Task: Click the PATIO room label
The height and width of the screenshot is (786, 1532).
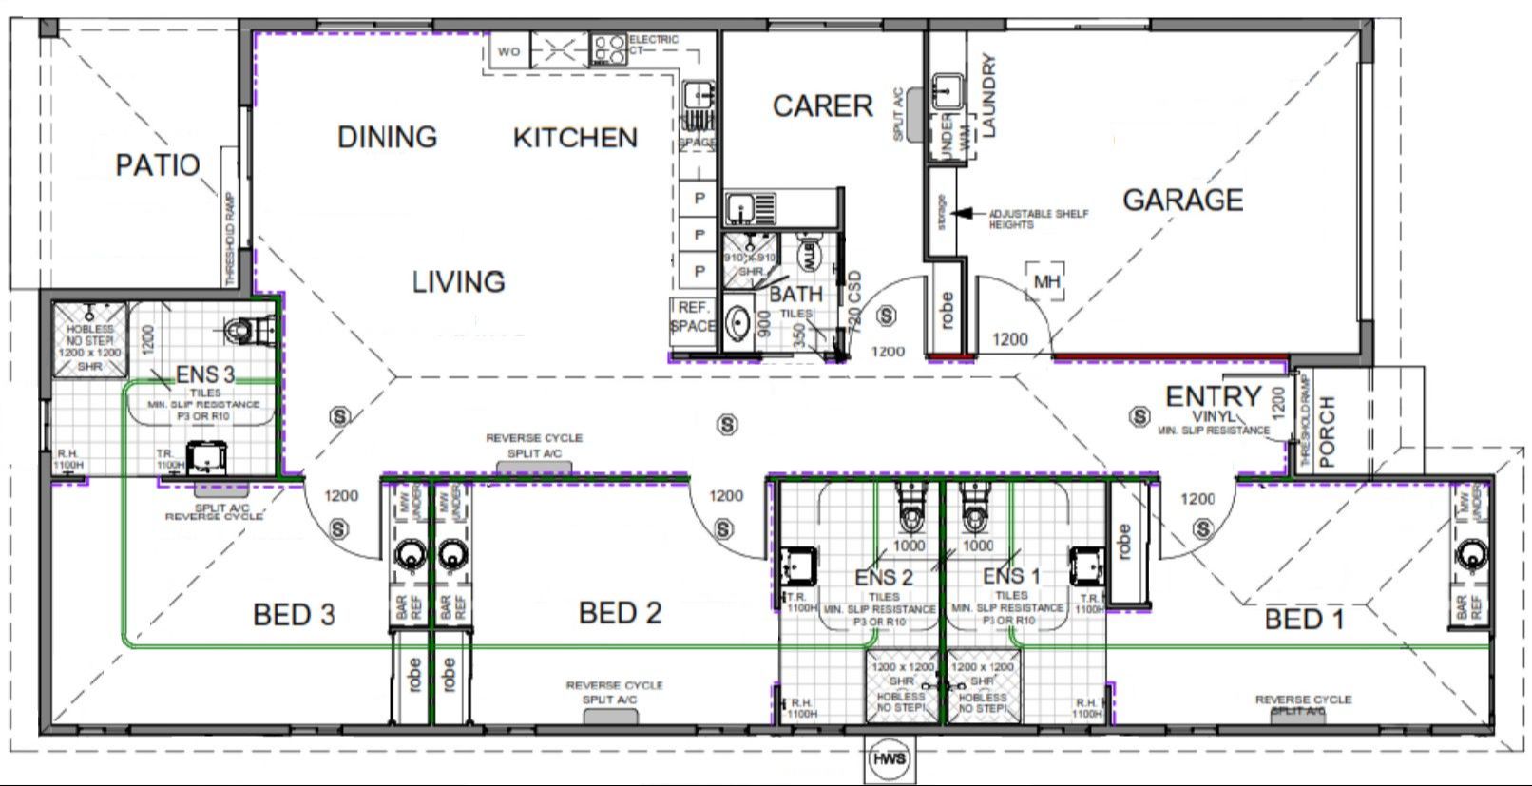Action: pyautogui.click(x=158, y=165)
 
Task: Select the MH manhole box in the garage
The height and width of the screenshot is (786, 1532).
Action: pyautogui.click(x=1046, y=282)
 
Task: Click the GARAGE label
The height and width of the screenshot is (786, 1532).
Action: pyautogui.click(x=1182, y=201)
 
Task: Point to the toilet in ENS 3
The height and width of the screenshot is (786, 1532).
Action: pyautogui.click(x=243, y=329)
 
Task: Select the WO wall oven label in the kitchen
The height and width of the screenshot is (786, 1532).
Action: pyautogui.click(x=509, y=51)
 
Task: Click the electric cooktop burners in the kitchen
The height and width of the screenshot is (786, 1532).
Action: pyautogui.click(x=606, y=48)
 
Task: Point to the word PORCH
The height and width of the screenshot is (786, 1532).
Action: pyautogui.click(x=1328, y=431)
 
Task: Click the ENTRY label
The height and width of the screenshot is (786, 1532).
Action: pyautogui.click(x=1213, y=396)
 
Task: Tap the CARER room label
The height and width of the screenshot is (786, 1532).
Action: pyautogui.click(x=822, y=106)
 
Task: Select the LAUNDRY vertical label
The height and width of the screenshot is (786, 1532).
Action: pyautogui.click(x=988, y=96)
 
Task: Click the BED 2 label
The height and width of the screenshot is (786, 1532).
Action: pyautogui.click(x=620, y=613)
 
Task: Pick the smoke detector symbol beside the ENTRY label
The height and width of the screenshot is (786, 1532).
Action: pyautogui.click(x=1139, y=416)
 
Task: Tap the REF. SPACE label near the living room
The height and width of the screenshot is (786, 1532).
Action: pyautogui.click(x=693, y=316)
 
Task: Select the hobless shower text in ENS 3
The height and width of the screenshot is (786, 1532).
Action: pyautogui.click(x=90, y=340)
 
